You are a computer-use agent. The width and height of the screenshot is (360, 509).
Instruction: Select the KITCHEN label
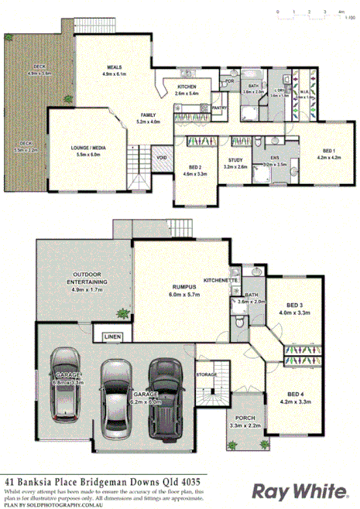tap(187, 86)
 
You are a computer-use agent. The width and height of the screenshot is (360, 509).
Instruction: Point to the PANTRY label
tap(218, 108)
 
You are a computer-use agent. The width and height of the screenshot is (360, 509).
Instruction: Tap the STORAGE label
tap(205, 374)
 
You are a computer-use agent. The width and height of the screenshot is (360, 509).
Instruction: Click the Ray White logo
tap(297, 490)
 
